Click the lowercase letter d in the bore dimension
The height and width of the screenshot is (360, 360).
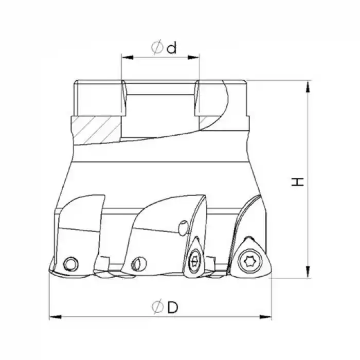click(x=172, y=47)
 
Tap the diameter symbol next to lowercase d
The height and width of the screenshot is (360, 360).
click(x=158, y=47)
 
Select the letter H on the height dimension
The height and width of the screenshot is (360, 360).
click(x=298, y=181)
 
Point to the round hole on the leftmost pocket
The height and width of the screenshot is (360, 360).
click(x=69, y=264)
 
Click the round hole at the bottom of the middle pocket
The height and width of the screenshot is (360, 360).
click(x=136, y=264)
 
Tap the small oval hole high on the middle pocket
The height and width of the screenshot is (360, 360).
click(x=183, y=227)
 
